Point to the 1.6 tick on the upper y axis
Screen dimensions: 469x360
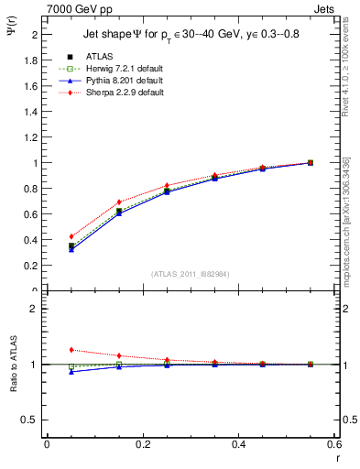coord(32,86)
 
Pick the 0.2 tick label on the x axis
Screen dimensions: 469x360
coord(143,444)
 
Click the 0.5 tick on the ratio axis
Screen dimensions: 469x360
coord(32,420)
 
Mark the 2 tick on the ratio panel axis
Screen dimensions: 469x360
coord(37,309)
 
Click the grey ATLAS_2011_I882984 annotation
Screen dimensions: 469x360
coord(191,274)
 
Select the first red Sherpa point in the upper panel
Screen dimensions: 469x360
coord(71,236)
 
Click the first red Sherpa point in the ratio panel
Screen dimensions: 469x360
coord(71,350)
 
